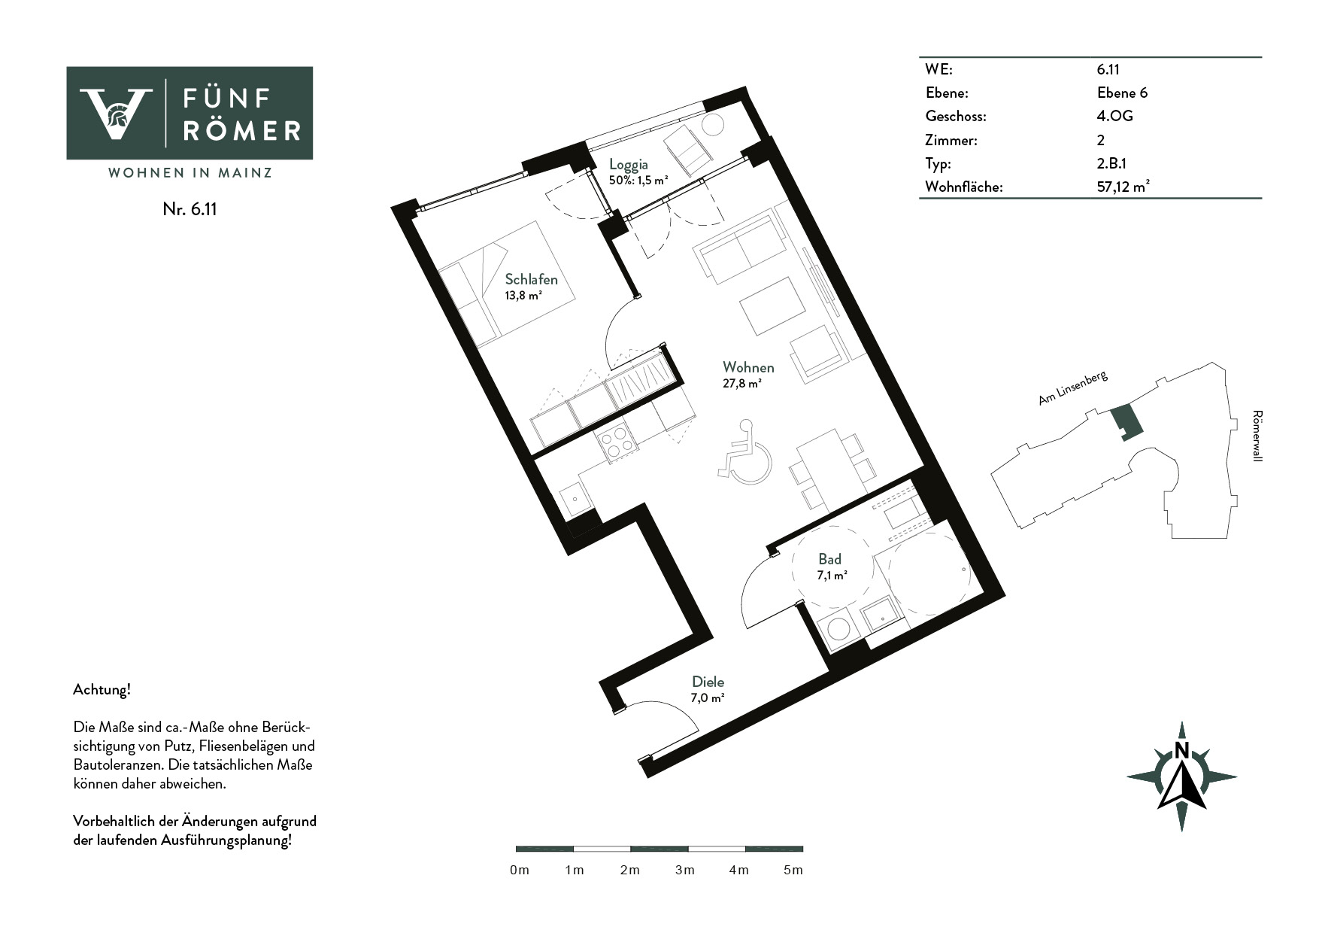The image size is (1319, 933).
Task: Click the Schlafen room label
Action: coord(531,280)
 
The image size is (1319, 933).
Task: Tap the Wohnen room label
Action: coord(748,367)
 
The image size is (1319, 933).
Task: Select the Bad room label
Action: coord(830,559)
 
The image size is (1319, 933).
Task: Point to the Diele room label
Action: coord(708,682)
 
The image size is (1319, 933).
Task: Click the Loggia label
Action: coord(629,165)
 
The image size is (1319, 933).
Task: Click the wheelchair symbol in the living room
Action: coord(745,451)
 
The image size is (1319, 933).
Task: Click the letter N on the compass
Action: coord(1181,751)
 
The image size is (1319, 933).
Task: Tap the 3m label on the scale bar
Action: coord(684,871)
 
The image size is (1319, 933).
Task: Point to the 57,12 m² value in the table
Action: coord(1123,187)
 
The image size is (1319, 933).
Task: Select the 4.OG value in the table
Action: coord(1114,116)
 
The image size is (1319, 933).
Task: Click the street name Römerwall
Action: coord(1257,436)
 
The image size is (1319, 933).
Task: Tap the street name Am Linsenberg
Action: coord(1073,388)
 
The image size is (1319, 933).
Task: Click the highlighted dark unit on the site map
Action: coord(1126,421)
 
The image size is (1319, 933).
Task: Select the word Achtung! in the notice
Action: coord(102,689)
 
